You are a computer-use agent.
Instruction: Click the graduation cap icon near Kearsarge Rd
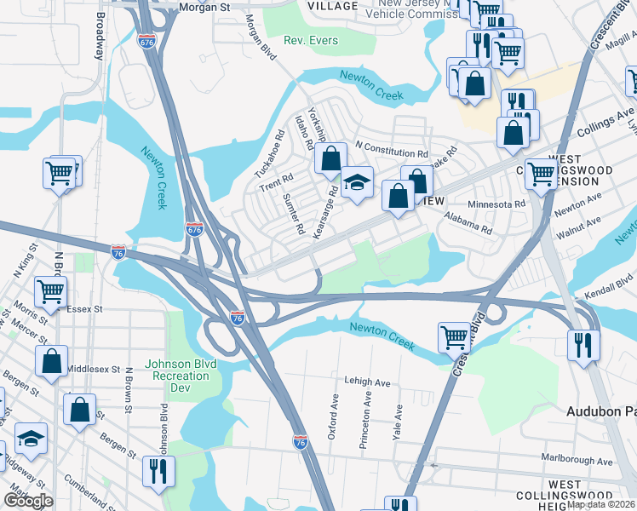click(357, 182)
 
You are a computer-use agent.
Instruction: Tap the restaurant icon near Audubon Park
click(583, 345)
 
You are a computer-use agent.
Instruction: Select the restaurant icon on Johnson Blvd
click(158, 471)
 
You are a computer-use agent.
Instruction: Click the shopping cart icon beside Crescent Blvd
click(455, 337)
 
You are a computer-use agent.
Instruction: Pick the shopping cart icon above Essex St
click(51, 291)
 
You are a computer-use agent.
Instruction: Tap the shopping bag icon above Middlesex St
click(51, 360)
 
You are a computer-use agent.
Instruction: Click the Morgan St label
click(205, 7)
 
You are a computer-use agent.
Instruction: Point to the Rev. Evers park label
click(311, 40)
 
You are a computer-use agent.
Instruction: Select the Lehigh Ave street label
click(367, 382)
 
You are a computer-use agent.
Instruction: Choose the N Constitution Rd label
click(391, 147)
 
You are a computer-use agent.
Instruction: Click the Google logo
click(27, 501)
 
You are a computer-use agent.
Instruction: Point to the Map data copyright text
click(601, 504)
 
